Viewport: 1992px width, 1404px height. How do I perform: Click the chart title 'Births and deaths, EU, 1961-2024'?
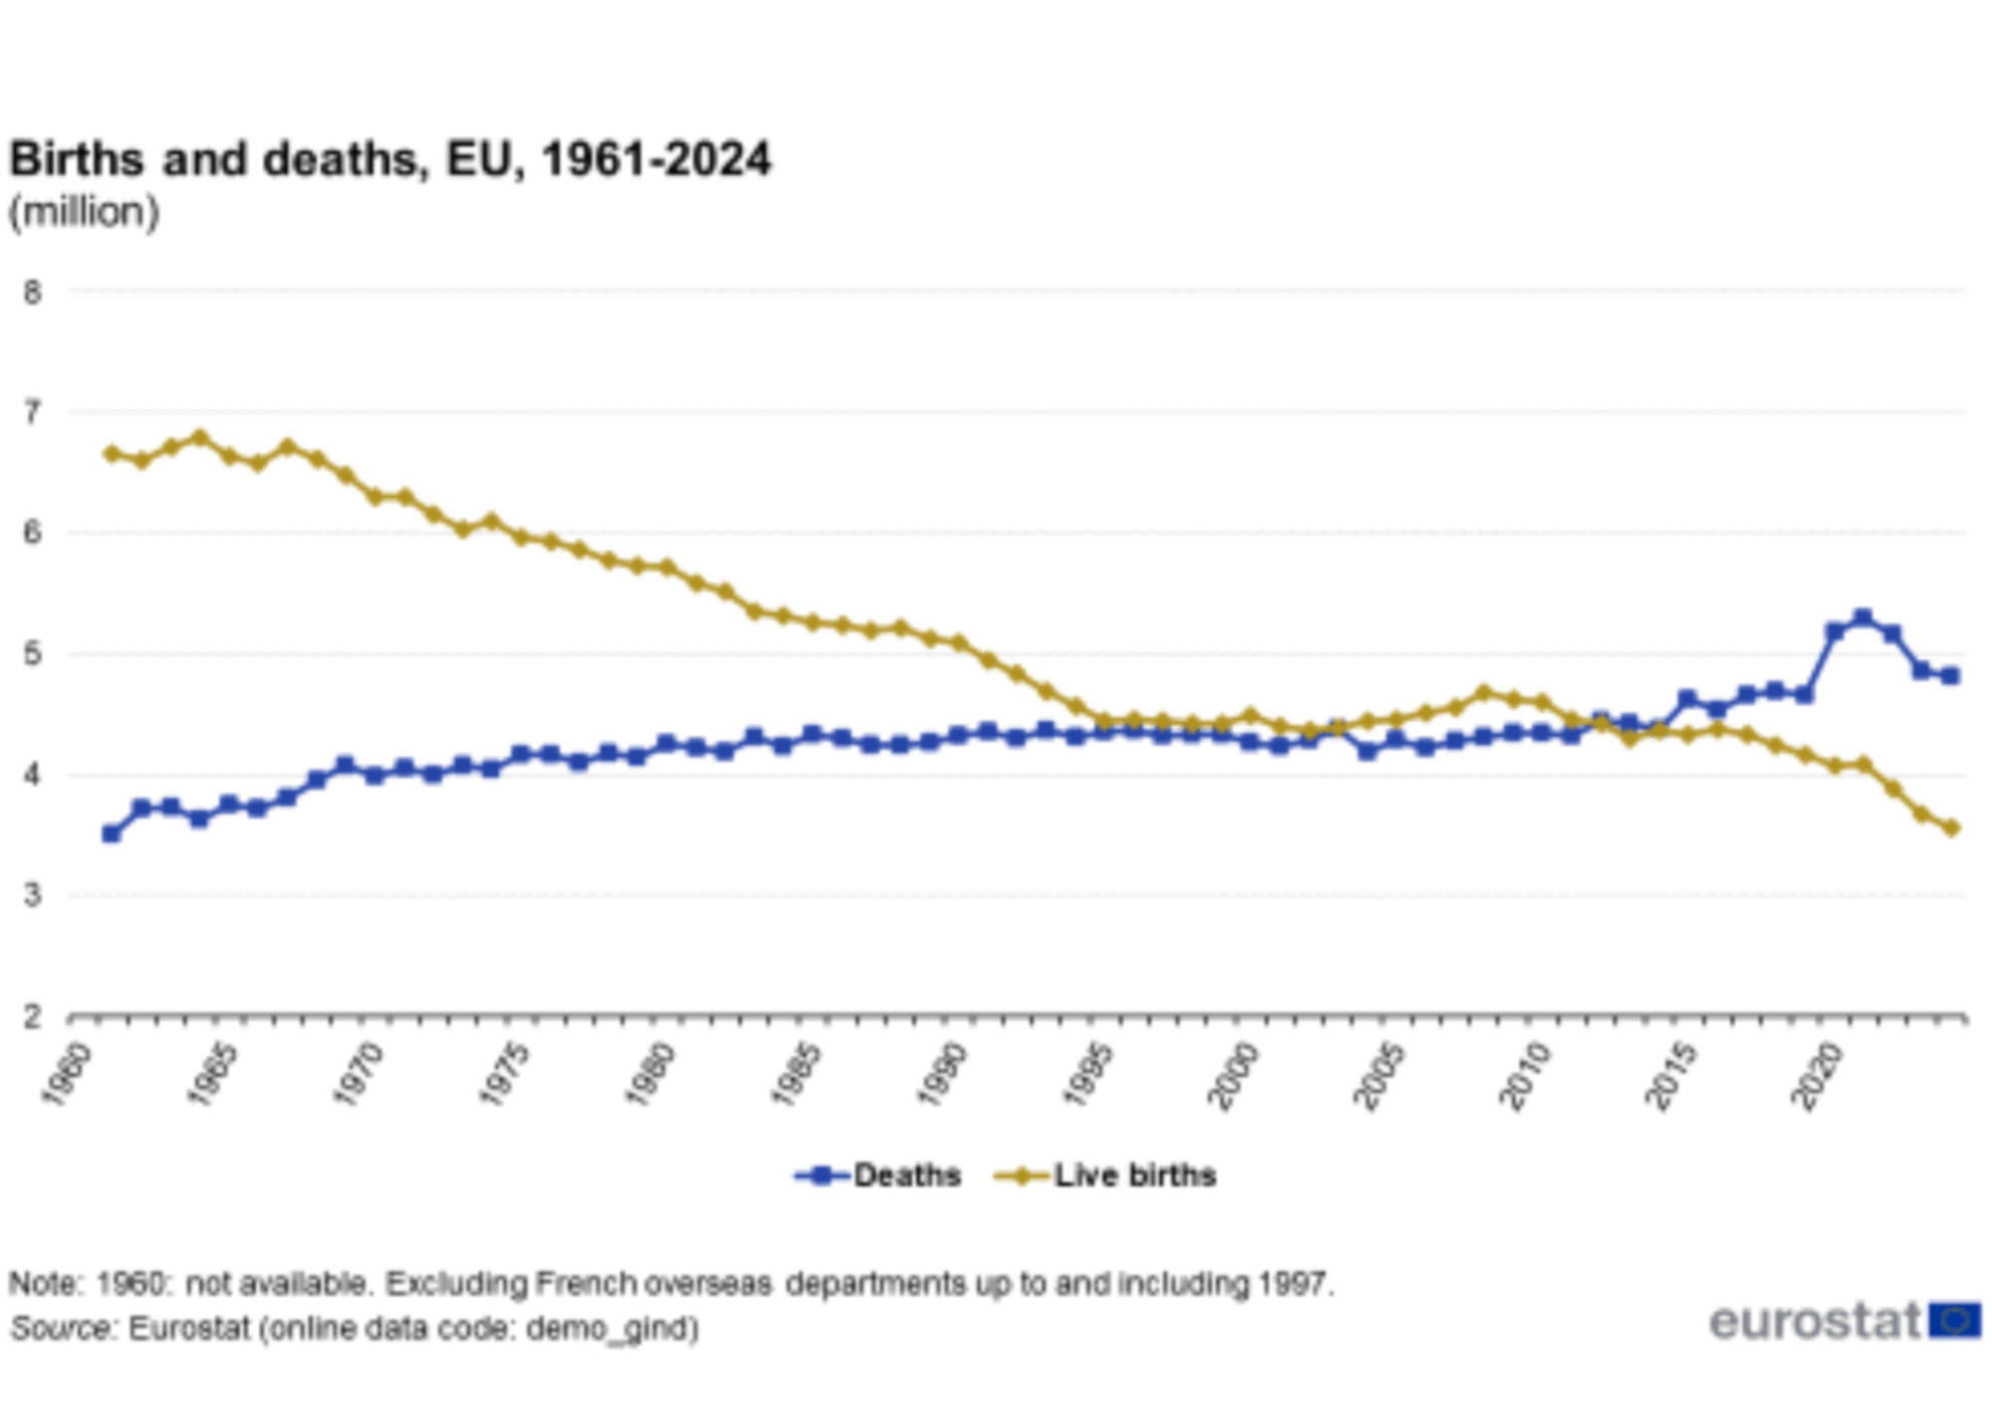click(x=390, y=159)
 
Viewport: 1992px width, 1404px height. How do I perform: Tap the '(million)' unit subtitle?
click(x=85, y=212)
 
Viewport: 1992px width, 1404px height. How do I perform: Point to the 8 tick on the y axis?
click(x=33, y=293)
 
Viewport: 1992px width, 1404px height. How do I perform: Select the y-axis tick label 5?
click(x=33, y=654)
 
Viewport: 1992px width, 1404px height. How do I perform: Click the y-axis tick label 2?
click(x=33, y=1017)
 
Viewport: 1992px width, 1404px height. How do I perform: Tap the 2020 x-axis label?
click(x=1816, y=1074)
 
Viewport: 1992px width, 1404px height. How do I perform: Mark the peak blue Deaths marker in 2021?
click(x=1863, y=618)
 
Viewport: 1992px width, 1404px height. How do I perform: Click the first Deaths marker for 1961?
click(x=112, y=833)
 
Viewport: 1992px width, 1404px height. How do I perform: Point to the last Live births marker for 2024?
click(x=1951, y=827)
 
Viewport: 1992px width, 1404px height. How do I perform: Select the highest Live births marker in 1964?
click(x=199, y=437)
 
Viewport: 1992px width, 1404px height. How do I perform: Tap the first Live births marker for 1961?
click(x=112, y=453)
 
